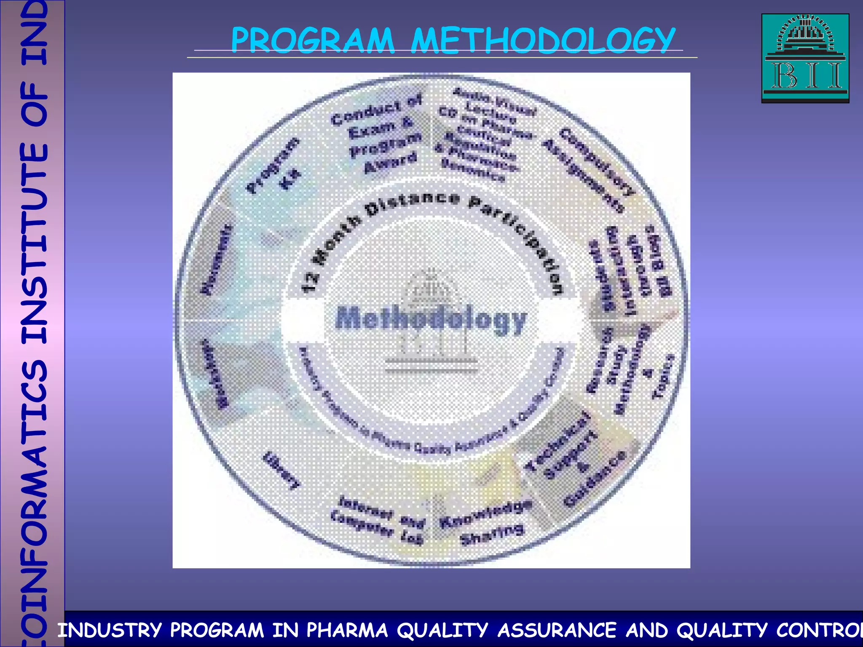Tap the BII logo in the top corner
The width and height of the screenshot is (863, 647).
click(x=805, y=58)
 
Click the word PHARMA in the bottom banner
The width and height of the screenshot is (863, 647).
click(x=346, y=630)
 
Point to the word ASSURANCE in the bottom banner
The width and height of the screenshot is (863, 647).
click(x=557, y=630)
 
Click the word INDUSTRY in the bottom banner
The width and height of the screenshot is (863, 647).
click(x=110, y=630)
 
